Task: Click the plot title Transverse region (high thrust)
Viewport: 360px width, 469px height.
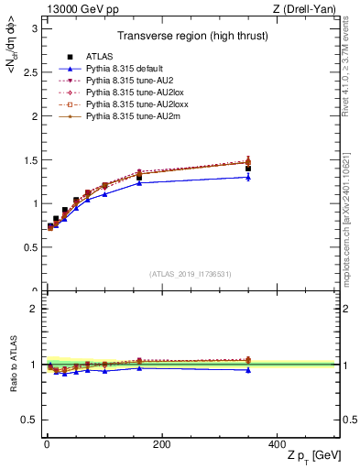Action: [x=191, y=38]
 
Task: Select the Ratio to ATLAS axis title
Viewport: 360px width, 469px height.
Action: [x=12, y=365]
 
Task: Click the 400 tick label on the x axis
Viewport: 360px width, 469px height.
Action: [x=277, y=444]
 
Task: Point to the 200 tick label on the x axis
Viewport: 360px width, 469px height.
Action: [x=162, y=444]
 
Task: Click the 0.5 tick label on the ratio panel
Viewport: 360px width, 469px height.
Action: [x=30, y=420]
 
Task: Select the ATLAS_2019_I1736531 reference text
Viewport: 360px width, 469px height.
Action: [x=191, y=273]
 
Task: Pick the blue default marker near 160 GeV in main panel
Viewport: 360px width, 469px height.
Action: [x=139, y=183]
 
